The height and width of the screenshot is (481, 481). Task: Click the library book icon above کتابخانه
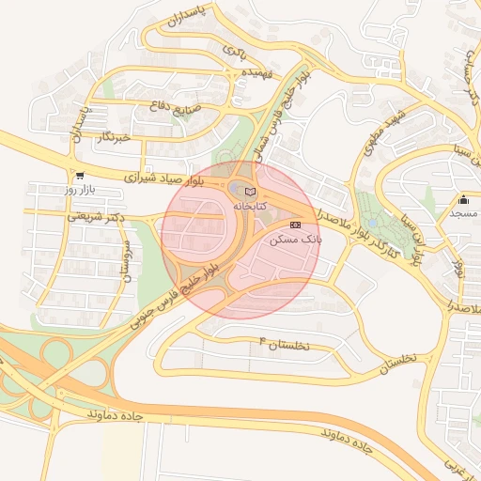tap(249, 192)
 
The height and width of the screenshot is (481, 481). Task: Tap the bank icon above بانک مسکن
tap(296, 225)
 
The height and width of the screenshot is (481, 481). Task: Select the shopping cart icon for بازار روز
tap(79, 175)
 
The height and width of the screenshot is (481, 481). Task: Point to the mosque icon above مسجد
tap(463, 199)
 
